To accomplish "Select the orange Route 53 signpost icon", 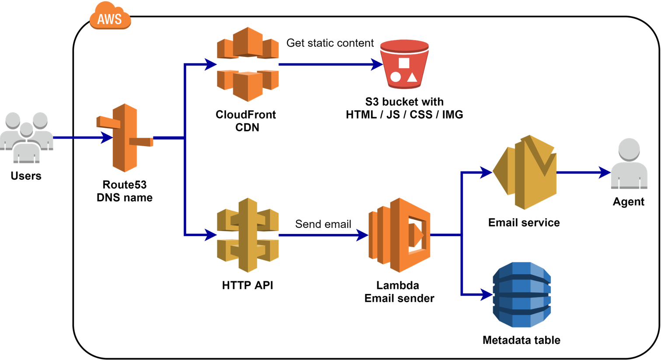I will [x=125, y=138].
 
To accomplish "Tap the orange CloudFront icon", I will [x=248, y=64].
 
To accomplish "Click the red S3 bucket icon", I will [x=404, y=64].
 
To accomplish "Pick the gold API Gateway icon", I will [x=248, y=235].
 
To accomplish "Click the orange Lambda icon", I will [x=400, y=235].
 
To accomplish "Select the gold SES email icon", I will [x=525, y=172].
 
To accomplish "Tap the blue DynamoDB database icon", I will [x=522, y=294].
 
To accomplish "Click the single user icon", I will [x=629, y=164].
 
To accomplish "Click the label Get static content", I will [x=330, y=43].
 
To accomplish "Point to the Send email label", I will [x=323, y=224].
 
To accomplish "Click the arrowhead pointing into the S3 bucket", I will [x=377, y=64].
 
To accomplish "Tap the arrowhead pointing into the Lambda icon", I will [x=363, y=235].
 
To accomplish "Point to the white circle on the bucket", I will [x=395, y=77].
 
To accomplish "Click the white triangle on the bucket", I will [x=412, y=78].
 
